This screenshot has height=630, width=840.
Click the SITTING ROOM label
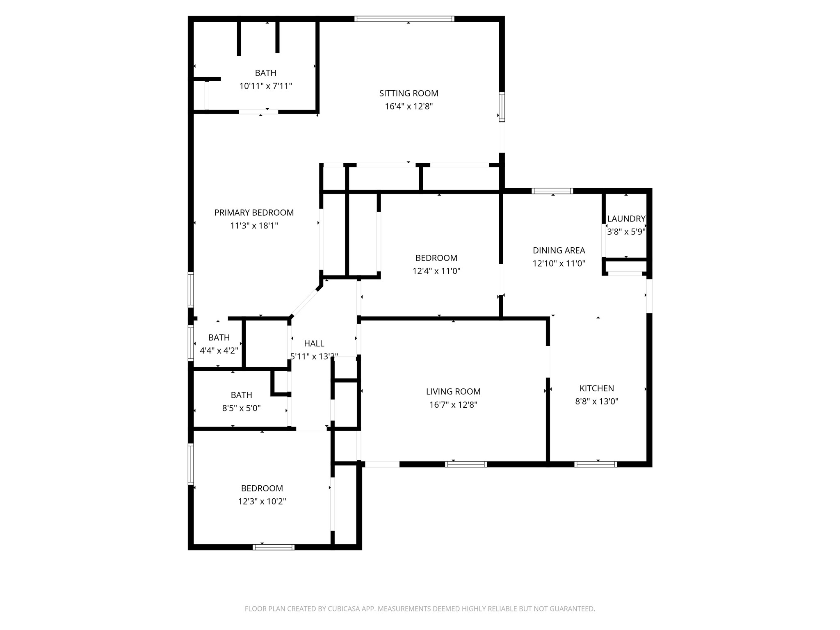click(x=409, y=94)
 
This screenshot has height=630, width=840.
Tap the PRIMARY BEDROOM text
click(x=254, y=212)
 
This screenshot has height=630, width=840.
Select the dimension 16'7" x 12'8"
click(x=453, y=405)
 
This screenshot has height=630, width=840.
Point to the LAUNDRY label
click(x=626, y=219)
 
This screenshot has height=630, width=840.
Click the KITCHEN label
click(x=597, y=388)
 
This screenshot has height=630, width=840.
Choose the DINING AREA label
click(x=559, y=250)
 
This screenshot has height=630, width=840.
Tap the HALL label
click(x=314, y=344)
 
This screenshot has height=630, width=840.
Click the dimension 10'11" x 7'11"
click(x=266, y=86)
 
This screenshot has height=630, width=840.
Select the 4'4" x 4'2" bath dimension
click(x=219, y=351)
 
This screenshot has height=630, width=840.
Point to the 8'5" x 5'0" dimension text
click(x=242, y=408)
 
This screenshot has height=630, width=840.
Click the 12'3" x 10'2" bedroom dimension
click(x=262, y=501)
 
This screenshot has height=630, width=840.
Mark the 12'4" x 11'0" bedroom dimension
click(x=436, y=271)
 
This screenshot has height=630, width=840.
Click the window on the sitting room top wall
click(x=404, y=19)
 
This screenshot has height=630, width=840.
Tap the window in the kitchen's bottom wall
click(x=596, y=464)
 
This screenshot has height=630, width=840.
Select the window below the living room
click(x=466, y=464)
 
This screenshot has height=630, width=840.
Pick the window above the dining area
click(x=552, y=191)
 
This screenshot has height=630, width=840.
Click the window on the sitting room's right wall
click(x=502, y=107)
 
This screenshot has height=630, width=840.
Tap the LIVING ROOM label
click(x=453, y=392)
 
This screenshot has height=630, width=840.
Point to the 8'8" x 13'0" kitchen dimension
click(x=597, y=402)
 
